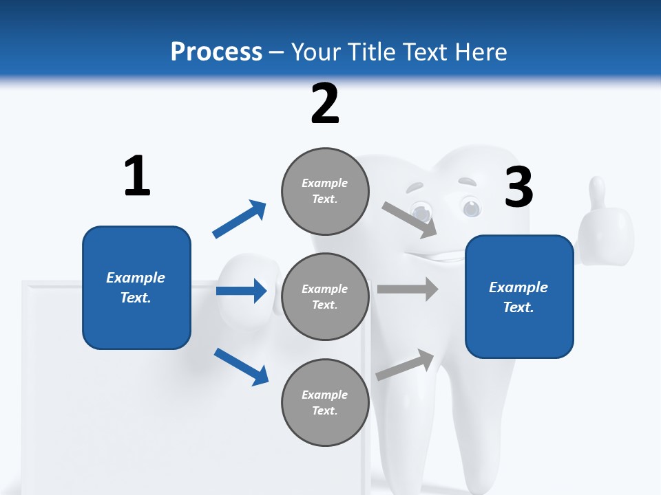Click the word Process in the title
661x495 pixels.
point(216,52)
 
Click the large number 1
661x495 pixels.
point(137,176)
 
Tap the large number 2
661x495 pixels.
point(325,104)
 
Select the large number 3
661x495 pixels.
point(518,187)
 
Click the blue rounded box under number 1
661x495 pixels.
point(136,287)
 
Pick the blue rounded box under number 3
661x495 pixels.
point(519,297)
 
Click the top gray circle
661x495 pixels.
point(325,190)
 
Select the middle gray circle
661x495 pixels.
point(325,296)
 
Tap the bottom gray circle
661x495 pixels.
point(325,402)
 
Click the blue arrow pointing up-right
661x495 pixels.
point(239,219)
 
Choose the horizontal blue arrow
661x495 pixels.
point(241,291)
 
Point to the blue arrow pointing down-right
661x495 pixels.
point(241,366)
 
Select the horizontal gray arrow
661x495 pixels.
point(407,289)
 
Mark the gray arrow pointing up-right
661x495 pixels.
point(405,364)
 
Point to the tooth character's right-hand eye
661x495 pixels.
point(471,207)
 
